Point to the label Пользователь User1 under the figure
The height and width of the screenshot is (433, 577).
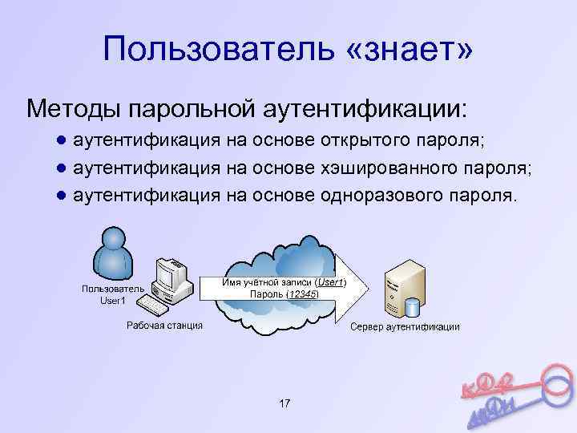click(113, 294)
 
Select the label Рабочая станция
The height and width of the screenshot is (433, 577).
click(164, 326)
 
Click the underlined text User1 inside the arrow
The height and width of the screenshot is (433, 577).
click(329, 282)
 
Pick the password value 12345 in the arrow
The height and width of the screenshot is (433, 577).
click(303, 294)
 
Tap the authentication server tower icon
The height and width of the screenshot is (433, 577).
click(402, 289)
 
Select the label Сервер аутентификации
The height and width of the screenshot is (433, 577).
click(405, 327)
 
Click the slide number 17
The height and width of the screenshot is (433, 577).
click(284, 403)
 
